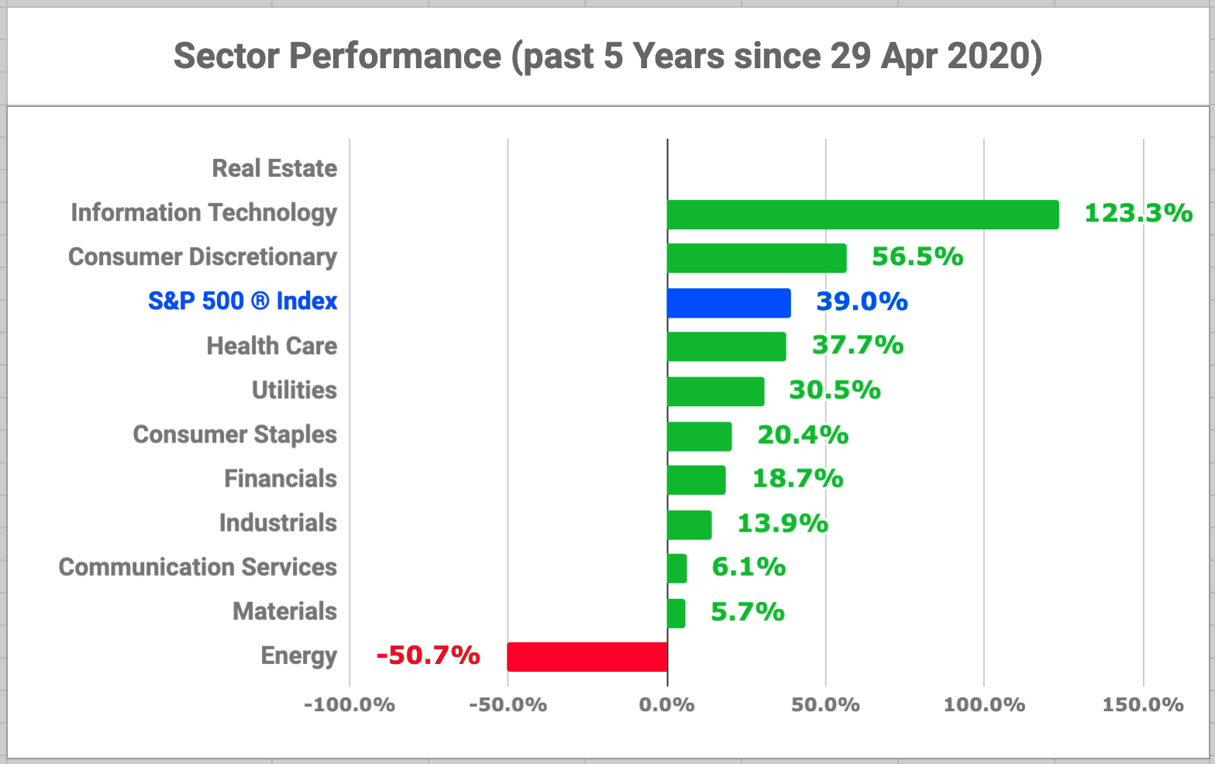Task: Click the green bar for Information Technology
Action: coord(862,215)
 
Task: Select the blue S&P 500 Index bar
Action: coord(728,303)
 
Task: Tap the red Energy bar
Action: coord(587,657)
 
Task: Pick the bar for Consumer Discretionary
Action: coord(756,258)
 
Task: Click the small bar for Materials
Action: coord(676,613)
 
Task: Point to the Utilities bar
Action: coord(715,391)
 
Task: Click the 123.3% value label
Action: coord(1138,213)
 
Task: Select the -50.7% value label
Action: coord(429,656)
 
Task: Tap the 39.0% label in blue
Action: coord(862,301)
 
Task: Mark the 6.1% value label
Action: coord(749,567)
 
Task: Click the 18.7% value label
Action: coord(797,479)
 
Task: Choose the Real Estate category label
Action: coord(274,168)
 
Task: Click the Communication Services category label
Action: coord(198,567)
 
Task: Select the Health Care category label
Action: coord(271,346)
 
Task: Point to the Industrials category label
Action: coord(277,523)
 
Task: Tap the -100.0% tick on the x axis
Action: coord(349,705)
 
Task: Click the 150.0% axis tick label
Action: coord(1143,705)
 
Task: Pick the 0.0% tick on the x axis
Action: coord(666,705)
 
